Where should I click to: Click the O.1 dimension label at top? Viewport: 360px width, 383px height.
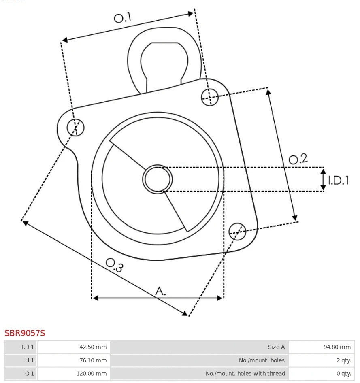[122, 18]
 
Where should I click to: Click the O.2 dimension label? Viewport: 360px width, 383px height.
[298, 159]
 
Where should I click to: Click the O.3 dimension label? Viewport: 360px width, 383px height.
[114, 265]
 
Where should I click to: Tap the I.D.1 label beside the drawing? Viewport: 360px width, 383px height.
[338, 180]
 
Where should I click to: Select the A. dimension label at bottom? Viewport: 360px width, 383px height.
[161, 290]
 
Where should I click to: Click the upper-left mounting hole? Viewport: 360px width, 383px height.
[76, 128]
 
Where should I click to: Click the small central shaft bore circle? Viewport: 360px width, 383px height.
[158, 179]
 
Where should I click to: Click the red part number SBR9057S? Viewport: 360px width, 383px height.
[25, 333]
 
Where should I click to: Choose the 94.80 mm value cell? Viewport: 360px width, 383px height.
[321, 347]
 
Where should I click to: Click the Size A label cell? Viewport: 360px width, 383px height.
[199, 347]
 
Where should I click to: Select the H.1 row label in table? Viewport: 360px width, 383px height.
[21, 360]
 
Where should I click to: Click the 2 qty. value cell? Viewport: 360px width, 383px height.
[321, 360]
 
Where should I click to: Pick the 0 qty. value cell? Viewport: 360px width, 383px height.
[321, 373]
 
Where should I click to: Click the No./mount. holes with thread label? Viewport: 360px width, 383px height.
[199, 373]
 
